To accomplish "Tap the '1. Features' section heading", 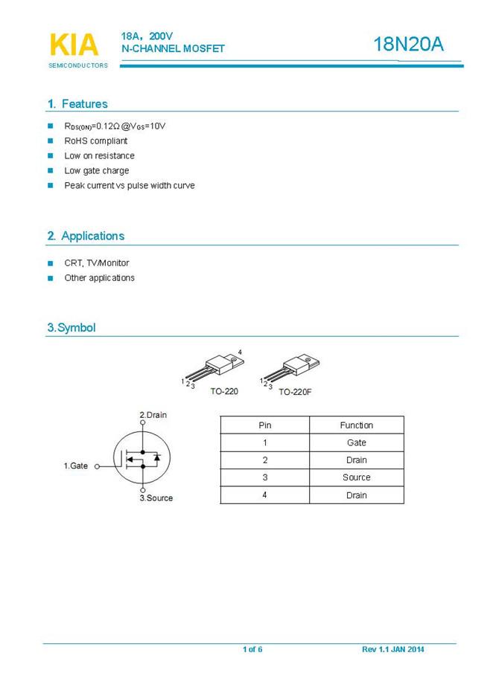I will coord(77,104).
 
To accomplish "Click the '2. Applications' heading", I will coord(86,236).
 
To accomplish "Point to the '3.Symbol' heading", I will coord(71,327).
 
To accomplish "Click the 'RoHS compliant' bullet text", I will coord(96,141).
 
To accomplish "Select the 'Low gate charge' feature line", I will coord(97,170).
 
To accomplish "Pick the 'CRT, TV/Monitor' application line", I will coord(97,262).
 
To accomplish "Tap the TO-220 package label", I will coord(223,391).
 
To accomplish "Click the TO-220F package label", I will coord(295,391).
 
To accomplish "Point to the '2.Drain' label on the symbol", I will coord(153,414).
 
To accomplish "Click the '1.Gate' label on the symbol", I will coord(75,465).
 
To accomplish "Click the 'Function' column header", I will coord(356,425).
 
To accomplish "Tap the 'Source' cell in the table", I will coord(356,477).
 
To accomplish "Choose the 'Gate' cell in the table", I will coord(356,442).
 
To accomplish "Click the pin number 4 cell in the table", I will coord(264,495).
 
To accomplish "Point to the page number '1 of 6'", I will coord(252,650).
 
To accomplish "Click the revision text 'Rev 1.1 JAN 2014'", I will coord(393,650).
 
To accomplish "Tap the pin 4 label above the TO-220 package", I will coord(240,351).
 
